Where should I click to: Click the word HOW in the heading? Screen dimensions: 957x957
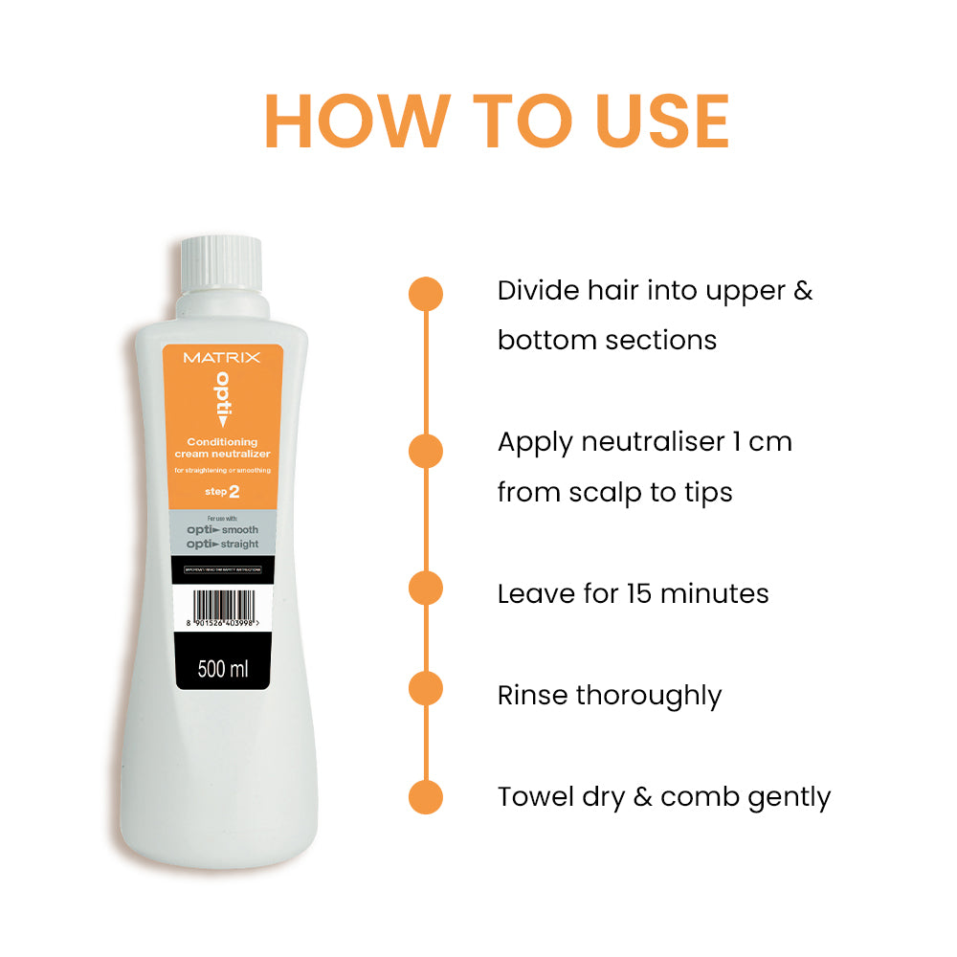[354, 122]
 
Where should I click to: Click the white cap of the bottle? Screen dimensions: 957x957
[221, 262]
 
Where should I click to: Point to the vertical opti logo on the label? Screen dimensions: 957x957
[222, 398]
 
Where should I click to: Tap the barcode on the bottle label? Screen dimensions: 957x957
[221, 607]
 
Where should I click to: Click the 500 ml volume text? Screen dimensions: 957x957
[222, 668]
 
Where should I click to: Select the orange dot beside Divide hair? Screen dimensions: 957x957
[426, 294]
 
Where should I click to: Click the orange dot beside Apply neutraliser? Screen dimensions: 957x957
[426, 450]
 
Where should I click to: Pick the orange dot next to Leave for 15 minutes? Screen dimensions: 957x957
[426, 588]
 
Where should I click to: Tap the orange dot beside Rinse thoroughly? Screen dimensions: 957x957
[426, 689]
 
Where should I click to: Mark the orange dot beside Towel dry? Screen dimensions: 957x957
[426, 797]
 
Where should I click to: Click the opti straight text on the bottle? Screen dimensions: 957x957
[221, 544]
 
